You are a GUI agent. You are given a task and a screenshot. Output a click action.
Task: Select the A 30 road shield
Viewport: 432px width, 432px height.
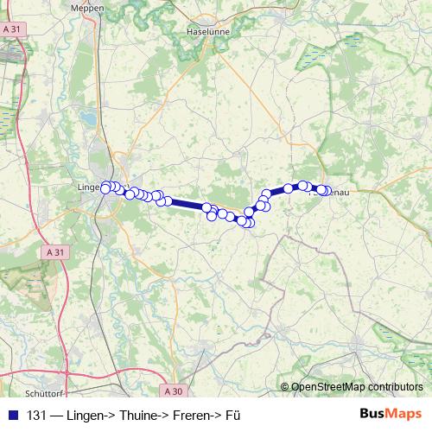click(x=173, y=391)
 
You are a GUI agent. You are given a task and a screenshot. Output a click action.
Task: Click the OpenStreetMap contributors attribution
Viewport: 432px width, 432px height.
click(x=357, y=388)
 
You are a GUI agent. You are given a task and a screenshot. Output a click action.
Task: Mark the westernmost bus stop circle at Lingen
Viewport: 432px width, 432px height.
click(x=105, y=188)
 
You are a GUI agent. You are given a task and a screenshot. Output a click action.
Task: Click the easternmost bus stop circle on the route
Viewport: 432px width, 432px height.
click(x=326, y=191)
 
